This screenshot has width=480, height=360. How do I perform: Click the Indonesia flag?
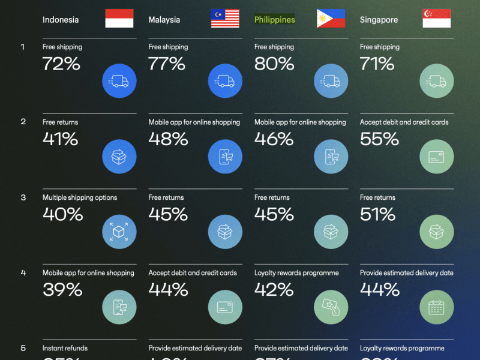(119, 19)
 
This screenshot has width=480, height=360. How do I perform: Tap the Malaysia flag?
(225, 19)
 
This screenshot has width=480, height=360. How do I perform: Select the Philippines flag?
(331, 19)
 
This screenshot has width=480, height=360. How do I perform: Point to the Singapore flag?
(437, 19)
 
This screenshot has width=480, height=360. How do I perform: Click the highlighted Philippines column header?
(275, 20)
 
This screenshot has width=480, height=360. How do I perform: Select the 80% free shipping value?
(274, 64)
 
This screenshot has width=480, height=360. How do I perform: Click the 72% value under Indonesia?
(61, 64)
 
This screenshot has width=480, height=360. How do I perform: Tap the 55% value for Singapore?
(379, 139)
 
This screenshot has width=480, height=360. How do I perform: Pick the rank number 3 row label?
(23, 197)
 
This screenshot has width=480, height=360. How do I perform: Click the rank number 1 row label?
(23, 47)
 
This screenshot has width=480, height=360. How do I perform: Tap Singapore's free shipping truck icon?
(437, 81)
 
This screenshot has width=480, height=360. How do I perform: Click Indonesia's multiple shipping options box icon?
(119, 232)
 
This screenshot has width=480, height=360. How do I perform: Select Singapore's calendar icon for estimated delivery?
(437, 307)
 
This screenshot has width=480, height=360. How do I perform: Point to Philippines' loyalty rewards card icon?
(331, 307)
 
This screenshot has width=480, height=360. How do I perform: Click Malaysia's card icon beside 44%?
(225, 307)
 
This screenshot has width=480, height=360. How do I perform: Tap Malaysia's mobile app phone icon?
(225, 157)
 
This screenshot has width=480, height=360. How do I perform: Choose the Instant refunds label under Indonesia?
(65, 348)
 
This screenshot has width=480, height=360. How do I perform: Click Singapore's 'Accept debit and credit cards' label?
(404, 122)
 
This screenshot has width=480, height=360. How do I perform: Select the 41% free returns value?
(60, 139)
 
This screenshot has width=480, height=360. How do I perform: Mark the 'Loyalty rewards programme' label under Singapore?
(402, 348)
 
